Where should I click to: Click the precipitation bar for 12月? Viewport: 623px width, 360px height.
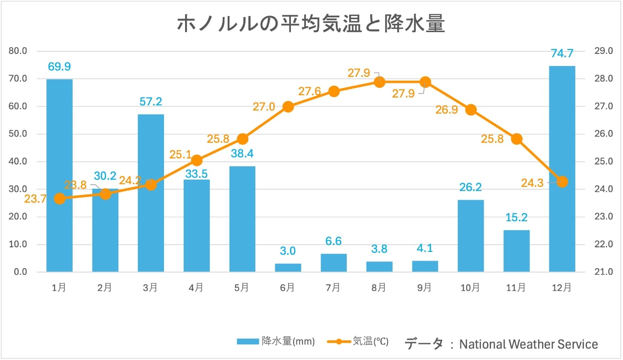(x=562, y=169)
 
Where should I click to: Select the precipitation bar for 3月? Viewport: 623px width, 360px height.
(x=151, y=192)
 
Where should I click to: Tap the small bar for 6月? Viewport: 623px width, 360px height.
(x=288, y=267)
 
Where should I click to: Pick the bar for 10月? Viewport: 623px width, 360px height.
(x=470, y=236)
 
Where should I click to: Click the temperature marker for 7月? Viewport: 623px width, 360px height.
(x=334, y=91)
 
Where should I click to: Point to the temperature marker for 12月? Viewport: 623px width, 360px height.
(x=563, y=182)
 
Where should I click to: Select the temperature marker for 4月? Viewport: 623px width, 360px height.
(x=197, y=160)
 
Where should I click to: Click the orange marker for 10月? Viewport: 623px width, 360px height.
(x=471, y=110)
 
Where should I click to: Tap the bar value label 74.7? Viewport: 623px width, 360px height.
(x=562, y=54)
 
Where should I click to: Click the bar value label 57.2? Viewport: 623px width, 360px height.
(x=151, y=102)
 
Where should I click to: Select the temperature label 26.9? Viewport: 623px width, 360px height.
(x=446, y=110)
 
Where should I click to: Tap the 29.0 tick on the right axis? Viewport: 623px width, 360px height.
(x=603, y=51)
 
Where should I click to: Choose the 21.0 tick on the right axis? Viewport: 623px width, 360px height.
(x=603, y=272)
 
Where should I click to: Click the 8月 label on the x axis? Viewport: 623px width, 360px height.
(x=379, y=288)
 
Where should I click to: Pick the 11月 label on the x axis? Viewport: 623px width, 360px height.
(x=516, y=288)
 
